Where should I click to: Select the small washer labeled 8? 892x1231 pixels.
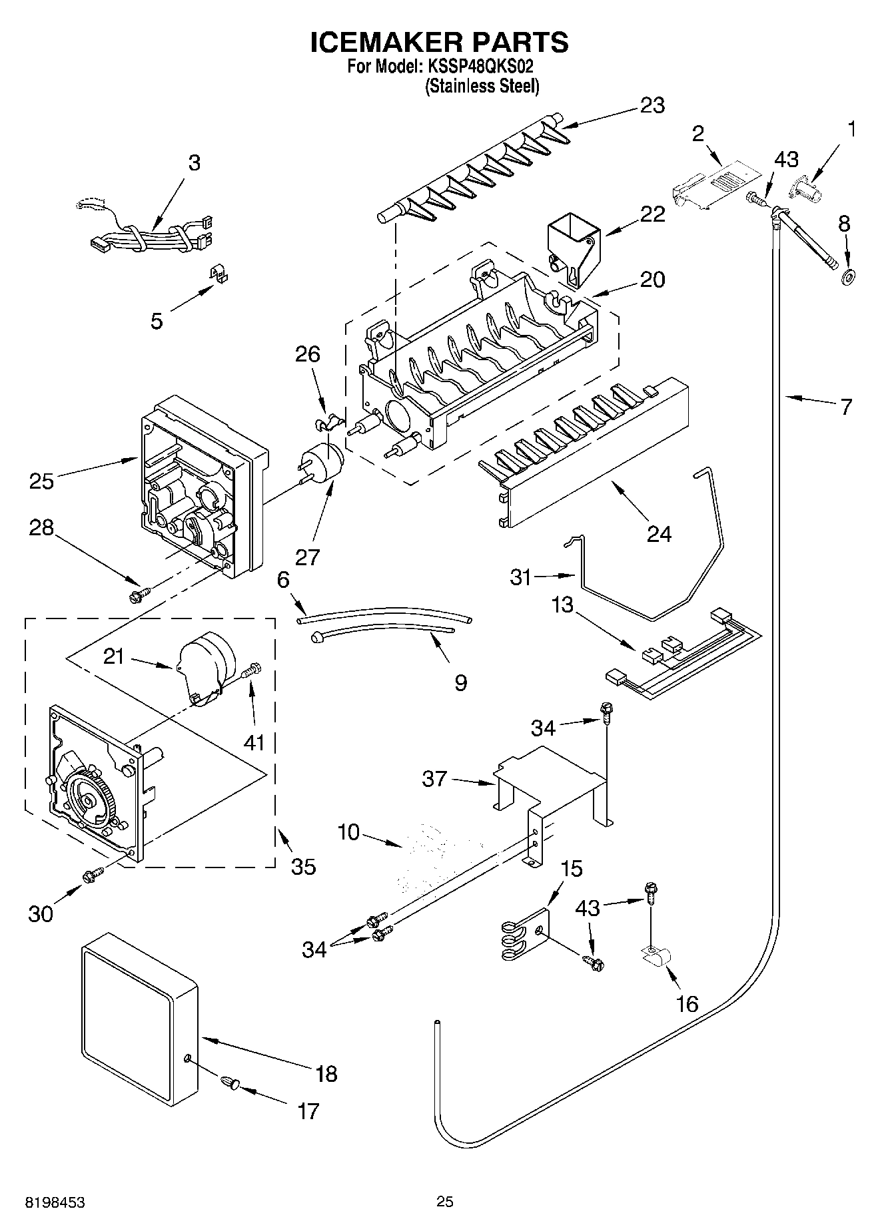pos(849,276)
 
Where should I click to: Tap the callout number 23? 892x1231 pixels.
pos(652,106)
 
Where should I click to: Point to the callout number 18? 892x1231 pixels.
pos(326,1073)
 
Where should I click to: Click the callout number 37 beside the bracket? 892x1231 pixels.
pos(435,778)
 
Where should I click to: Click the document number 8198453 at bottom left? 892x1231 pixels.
pos(55,1202)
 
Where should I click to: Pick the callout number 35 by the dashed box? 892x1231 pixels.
pos(303,866)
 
